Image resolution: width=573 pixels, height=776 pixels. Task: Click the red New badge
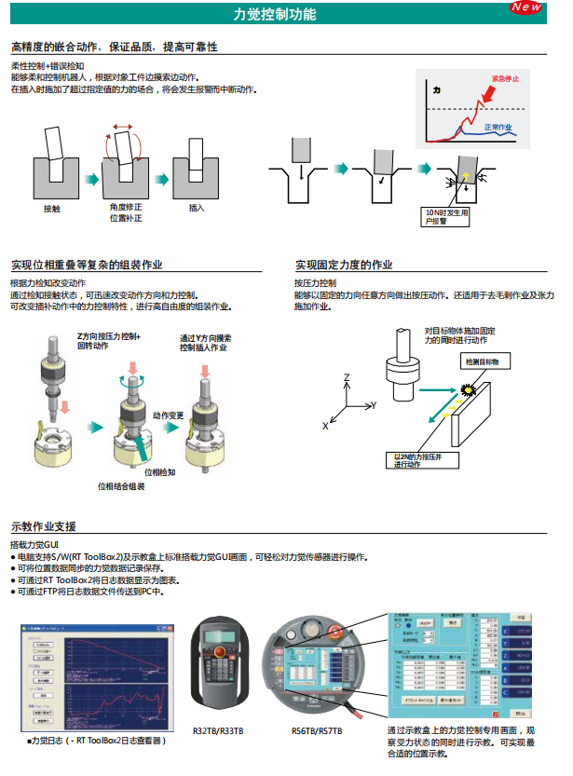(x=526, y=7)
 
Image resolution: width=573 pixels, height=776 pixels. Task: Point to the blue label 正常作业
(x=498, y=126)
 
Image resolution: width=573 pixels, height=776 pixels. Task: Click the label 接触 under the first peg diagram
(x=52, y=208)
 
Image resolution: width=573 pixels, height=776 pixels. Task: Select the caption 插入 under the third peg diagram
(x=197, y=208)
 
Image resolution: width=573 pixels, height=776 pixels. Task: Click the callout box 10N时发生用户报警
(x=446, y=216)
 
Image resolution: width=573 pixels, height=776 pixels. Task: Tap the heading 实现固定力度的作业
(x=344, y=265)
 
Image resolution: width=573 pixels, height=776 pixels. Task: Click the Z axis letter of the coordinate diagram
(x=346, y=377)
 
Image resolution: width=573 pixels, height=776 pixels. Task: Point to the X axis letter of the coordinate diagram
(x=325, y=425)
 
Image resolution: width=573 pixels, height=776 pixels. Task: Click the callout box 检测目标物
(x=481, y=361)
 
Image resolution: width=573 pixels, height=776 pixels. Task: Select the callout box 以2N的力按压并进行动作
(x=416, y=460)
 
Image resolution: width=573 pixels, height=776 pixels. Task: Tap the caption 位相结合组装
(x=121, y=485)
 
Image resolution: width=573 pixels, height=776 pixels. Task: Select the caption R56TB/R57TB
(x=317, y=731)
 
